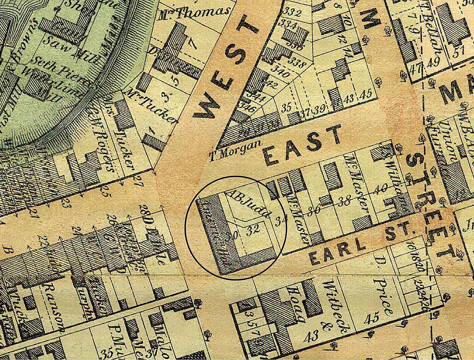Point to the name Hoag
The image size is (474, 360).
coord(302,294)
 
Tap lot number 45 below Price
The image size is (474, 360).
coord(372,319)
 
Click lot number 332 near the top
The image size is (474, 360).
coord(292,13)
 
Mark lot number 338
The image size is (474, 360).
coord(298,63)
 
